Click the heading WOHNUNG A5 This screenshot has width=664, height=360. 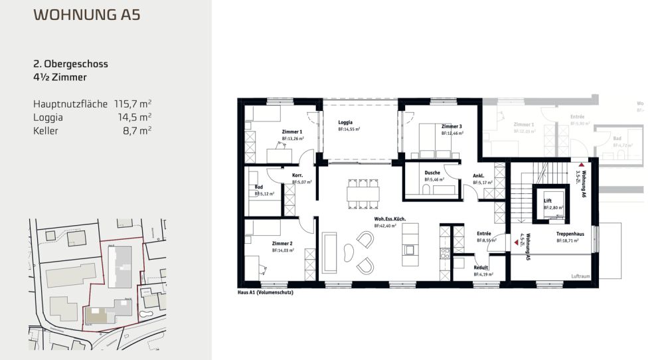[86, 15]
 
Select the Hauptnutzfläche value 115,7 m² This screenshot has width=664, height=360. [133, 104]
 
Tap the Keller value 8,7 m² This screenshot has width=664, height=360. [139, 131]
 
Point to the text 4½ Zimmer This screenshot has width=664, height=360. [60, 78]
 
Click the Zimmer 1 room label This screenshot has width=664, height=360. [292, 132]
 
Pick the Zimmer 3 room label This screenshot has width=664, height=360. [452, 126]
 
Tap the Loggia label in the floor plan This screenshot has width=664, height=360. [345, 122]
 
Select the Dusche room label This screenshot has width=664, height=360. [432, 173]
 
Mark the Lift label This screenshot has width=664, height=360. [548, 200]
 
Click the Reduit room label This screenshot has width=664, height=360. [481, 267]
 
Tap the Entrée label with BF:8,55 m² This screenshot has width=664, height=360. [483, 233]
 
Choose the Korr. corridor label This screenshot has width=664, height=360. [297, 175]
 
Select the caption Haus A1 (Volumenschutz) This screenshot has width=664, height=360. [266, 292]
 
